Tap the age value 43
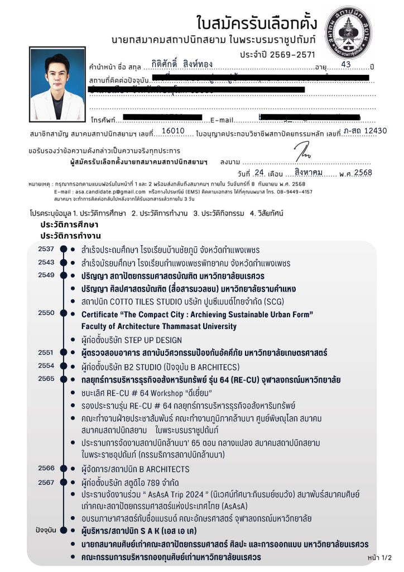click(346, 65)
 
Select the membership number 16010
click(172, 131)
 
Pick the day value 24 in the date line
click(258, 173)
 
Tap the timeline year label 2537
click(46, 249)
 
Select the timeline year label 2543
click(46, 262)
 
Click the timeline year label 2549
click(46, 275)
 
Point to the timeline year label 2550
click(46, 313)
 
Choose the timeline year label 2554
click(46, 365)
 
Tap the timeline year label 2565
click(46, 378)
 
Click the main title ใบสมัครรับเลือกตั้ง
click(257, 23)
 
